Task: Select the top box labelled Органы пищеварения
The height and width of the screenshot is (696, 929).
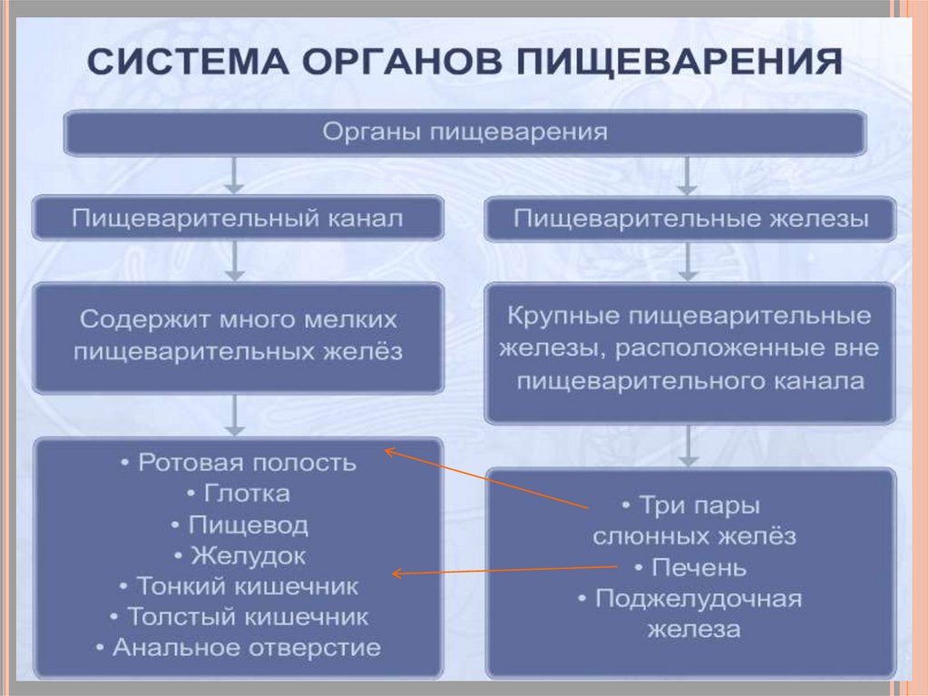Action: point(464,132)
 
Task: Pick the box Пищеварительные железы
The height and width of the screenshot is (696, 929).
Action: point(690,219)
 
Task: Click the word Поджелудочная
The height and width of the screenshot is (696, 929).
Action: point(699,599)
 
